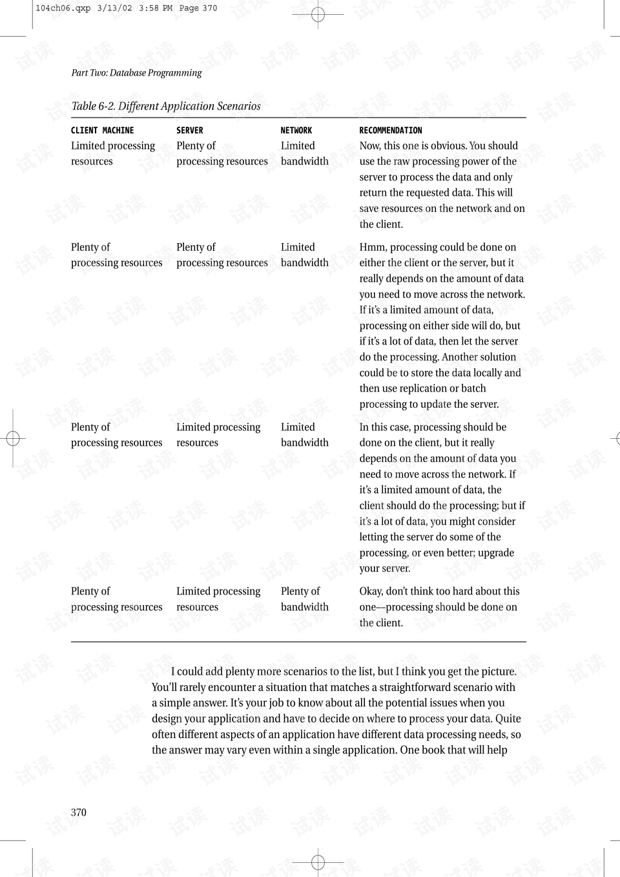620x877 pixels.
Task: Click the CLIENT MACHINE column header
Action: (102, 131)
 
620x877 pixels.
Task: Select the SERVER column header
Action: (189, 131)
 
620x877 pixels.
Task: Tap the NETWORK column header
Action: (296, 131)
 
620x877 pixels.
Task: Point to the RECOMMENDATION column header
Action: (390, 131)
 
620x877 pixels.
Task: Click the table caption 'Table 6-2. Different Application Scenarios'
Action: (166, 106)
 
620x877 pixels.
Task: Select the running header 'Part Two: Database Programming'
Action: (136, 73)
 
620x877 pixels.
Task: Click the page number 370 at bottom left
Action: (78, 812)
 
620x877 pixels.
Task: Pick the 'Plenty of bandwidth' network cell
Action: (304, 599)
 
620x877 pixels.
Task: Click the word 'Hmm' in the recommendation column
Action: (371, 247)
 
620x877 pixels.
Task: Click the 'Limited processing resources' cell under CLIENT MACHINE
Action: (112, 154)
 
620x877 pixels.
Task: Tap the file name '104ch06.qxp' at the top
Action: (63, 8)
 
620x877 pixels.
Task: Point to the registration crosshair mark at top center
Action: (318, 14)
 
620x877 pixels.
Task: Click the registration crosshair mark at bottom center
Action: (318, 861)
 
